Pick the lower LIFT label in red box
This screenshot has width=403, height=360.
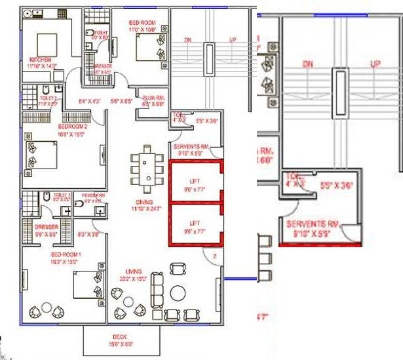click(194, 223)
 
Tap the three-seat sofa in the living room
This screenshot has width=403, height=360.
click(158, 287)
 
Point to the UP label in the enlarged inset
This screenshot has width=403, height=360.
click(375, 64)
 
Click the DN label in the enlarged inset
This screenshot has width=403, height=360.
click(308, 64)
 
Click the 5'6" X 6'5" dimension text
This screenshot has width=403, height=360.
click(121, 101)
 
